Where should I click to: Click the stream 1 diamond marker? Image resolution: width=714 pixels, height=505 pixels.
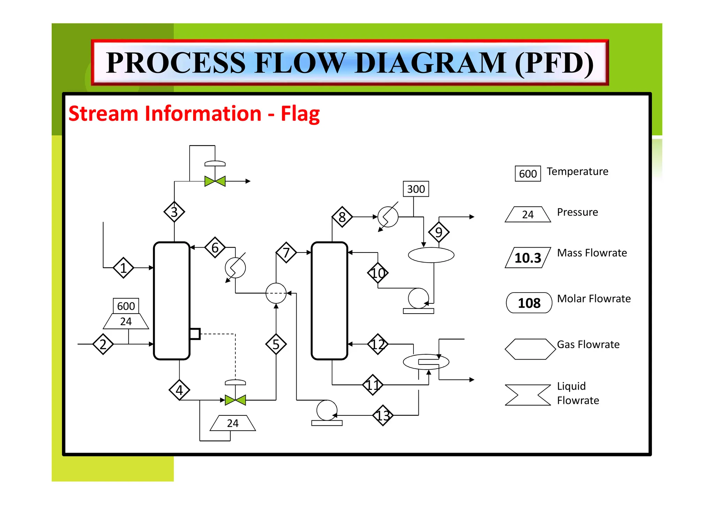[123, 268]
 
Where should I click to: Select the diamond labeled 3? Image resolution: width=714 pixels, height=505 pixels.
[174, 212]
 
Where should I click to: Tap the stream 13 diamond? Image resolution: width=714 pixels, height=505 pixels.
[383, 415]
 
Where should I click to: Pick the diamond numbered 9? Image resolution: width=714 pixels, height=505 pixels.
[439, 232]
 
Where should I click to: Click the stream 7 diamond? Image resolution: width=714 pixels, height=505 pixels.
[286, 252]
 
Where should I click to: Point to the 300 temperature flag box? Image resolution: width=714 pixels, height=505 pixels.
[416, 189]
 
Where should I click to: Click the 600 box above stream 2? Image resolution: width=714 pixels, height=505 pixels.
[126, 306]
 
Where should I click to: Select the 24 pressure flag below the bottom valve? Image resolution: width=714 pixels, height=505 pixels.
[233, 423]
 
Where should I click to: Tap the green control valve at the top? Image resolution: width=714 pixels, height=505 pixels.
[215, 181]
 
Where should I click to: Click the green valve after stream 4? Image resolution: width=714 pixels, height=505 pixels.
[235, 400]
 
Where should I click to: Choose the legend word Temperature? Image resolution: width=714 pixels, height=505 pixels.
[577, 172]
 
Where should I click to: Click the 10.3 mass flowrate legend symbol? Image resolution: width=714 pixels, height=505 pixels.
[527, 258]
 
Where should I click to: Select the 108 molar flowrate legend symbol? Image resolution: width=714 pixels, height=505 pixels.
[529, 303]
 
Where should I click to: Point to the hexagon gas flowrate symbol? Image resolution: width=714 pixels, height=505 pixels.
[530, 349]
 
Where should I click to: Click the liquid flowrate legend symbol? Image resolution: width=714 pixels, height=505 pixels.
[527, 395]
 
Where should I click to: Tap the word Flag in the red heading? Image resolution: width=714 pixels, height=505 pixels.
[300, 114]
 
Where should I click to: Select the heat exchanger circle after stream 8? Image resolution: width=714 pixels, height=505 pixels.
[388, 217]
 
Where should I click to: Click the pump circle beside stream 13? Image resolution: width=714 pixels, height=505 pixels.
[327, 410]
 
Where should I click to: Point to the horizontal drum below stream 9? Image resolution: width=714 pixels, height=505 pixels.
[431, 255]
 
